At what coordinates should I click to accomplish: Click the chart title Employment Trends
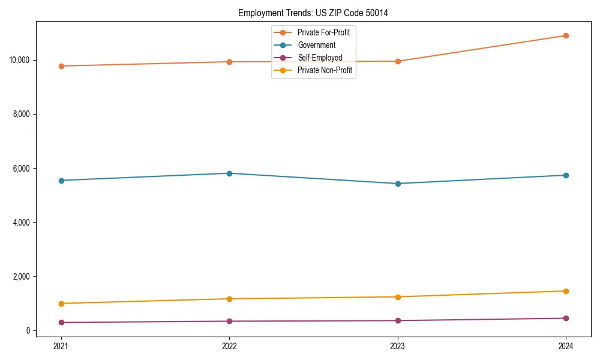coord(313,13)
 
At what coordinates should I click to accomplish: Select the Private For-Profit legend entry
coord(323,32)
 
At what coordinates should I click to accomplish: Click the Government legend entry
coord(316,45)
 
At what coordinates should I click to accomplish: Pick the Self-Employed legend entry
coord(320,58)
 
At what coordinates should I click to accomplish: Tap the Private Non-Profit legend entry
coord(325,70)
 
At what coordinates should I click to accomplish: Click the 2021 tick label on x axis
coord(61,346)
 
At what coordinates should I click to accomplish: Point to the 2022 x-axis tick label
coord(229,346)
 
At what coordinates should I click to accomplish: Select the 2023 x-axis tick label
coord(398,346)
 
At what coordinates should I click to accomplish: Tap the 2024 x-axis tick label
coord(566,346)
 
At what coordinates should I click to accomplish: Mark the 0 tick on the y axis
coord(28,330)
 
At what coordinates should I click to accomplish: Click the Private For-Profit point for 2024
coord(566,35)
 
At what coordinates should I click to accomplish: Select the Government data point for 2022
coord(229,173)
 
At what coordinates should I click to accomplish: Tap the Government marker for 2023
coord(398,184)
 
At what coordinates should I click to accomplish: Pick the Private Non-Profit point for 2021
coord(61,304)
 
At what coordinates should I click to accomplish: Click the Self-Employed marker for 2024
coord(566,318)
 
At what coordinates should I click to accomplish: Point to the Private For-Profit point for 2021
coord(61,66)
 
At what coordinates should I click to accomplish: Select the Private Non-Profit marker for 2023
coord(398,297)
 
